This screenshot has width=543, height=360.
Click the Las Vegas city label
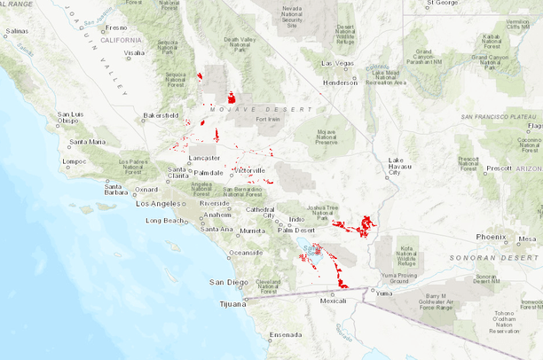coord(337,64)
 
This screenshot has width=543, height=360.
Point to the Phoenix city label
coord(491,237)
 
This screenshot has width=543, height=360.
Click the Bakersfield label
coord(161,115)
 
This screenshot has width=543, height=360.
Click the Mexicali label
coord(333,301)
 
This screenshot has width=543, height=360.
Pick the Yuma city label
coord(383,292)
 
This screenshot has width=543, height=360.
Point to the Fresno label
coord(115,28)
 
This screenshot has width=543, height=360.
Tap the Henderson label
coord(340,82)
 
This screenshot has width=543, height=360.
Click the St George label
coord(441,4)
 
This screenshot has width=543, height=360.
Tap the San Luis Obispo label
coord(69,119)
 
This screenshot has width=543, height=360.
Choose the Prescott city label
coord(500,168)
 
